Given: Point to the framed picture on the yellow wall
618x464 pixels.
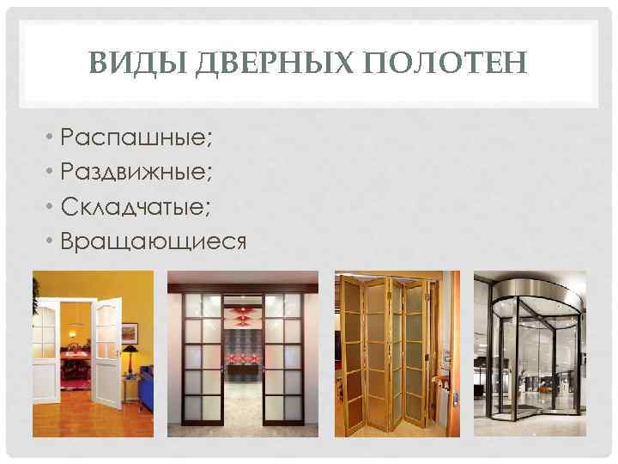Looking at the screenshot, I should [129, 331].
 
